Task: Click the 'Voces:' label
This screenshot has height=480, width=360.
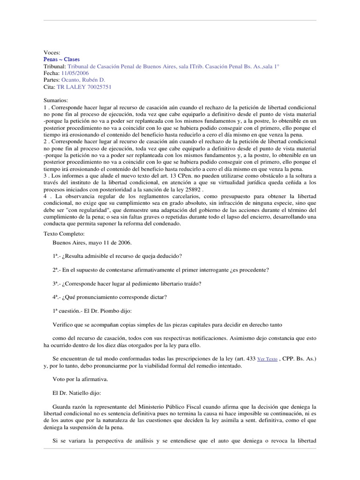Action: coord(52,53)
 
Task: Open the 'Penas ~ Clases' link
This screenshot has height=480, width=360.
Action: coord(61,60)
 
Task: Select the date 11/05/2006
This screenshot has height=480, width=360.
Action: coord(75,74)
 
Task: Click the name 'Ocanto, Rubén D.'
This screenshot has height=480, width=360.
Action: coord(87,80)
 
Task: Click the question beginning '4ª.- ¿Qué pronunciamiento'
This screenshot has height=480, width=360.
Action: coord(111,298)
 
